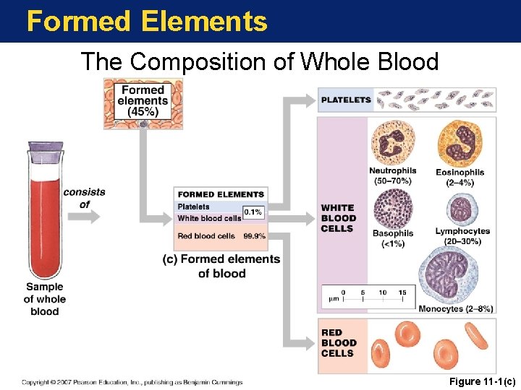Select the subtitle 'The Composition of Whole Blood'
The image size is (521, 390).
[x=260, y=62]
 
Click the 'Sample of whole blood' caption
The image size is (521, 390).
[x=45, y=299]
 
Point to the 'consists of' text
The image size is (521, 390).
[x=84, y=198]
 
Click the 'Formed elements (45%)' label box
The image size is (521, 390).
[x=143, y=102]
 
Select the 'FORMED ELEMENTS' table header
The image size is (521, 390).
[x=221, y=194]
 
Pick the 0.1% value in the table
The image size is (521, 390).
[x=253, y=212]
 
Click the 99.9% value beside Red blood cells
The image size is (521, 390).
[x=254, y=236]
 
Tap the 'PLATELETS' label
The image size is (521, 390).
[x=346, y=100]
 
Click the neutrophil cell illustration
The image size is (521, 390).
[x=392, y=142]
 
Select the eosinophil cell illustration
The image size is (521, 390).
[x=459, y=143]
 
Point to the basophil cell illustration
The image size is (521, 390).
[x=393, y=208]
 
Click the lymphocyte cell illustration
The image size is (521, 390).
[x=461, y=209]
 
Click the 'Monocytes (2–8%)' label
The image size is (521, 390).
[x=456, y=308]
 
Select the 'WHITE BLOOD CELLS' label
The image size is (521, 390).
[x=339, y=218]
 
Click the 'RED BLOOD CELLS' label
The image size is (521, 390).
[x=339, y=343]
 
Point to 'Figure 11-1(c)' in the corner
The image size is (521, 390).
[x=483, y=381]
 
